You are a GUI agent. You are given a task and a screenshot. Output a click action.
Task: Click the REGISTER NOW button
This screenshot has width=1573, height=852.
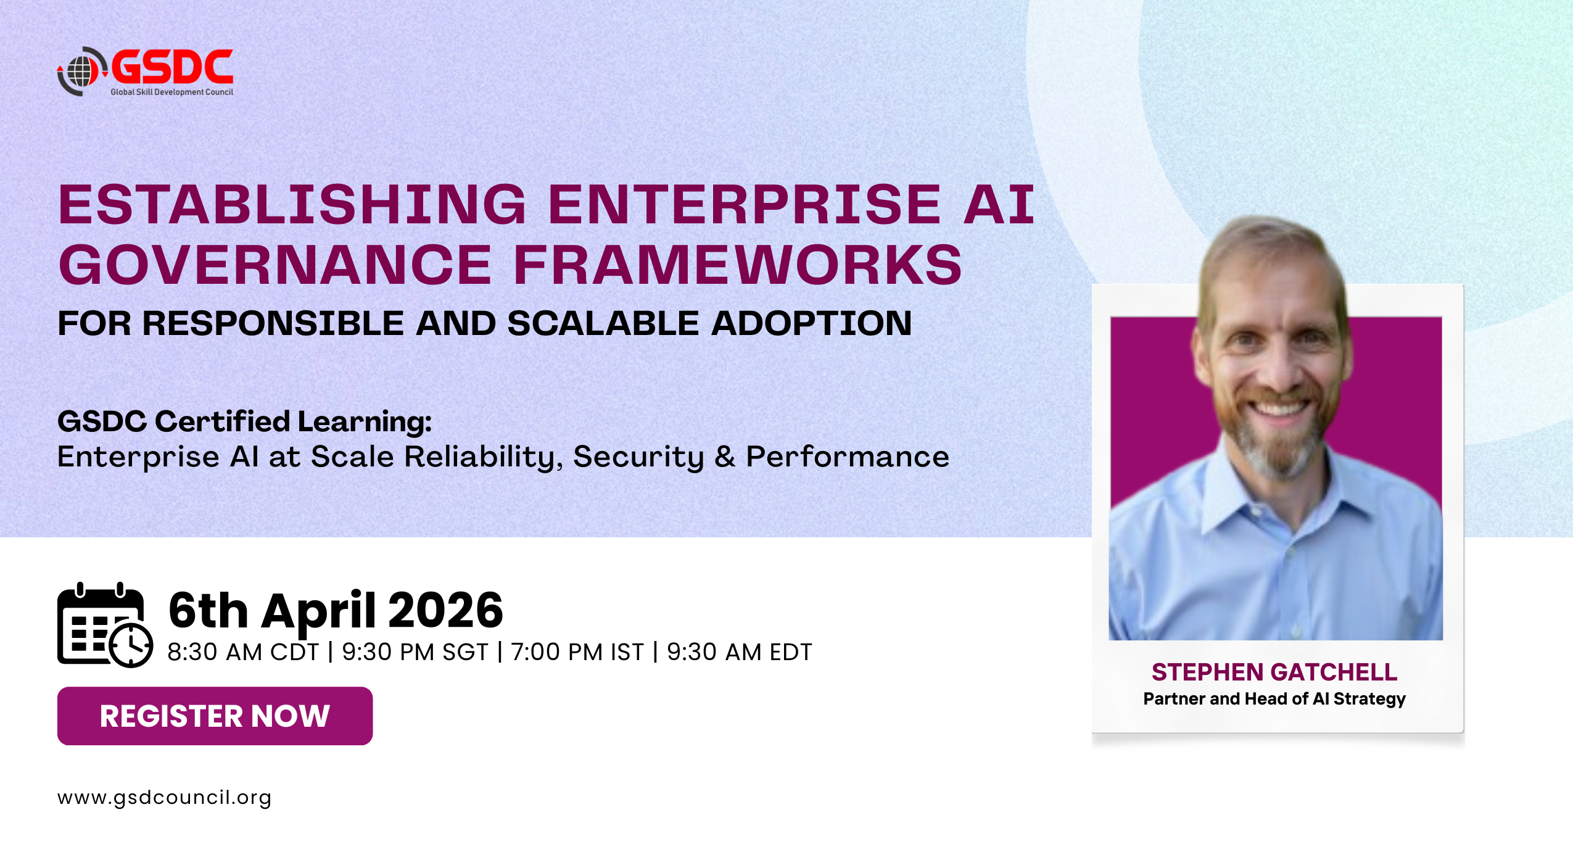(215, 716)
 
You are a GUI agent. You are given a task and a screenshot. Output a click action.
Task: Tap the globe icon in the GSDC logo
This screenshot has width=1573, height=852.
(81, 72)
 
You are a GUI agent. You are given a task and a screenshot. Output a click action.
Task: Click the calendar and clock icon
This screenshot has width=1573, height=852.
(105, 625)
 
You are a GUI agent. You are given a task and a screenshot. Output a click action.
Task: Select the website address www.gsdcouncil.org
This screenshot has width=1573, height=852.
(164, 798)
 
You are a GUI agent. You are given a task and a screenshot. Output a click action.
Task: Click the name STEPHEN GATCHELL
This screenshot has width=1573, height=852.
(1274, 672)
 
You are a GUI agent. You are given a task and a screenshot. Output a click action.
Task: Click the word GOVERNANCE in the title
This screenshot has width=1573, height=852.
(275, 265)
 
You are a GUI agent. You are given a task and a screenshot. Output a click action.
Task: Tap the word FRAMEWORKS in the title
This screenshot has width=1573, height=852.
(738, 265)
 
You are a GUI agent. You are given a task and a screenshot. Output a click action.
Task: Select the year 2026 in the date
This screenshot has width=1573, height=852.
(445, 610)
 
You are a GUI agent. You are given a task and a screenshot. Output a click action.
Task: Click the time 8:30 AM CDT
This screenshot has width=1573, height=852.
(243, 652)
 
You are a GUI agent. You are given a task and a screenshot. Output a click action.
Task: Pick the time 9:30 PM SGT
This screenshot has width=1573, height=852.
(415, 652)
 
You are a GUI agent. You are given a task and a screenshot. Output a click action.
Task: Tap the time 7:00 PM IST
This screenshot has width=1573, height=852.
(577, 652)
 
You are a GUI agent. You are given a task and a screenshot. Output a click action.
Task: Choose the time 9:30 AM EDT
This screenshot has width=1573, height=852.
(740, 652)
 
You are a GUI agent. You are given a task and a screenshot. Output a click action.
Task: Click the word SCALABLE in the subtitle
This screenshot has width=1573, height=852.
(603, 323)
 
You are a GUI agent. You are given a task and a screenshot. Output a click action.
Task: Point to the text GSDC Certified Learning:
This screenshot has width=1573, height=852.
(245, 421)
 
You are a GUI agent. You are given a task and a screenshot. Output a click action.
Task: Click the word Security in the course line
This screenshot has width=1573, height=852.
(638, 457)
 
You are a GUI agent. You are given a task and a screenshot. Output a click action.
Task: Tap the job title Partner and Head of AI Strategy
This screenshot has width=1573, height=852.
(1274, 699)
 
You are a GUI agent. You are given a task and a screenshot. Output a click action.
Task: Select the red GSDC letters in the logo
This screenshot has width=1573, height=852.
(172, 67)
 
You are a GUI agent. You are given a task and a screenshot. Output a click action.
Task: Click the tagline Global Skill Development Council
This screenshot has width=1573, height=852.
(172, 92)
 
